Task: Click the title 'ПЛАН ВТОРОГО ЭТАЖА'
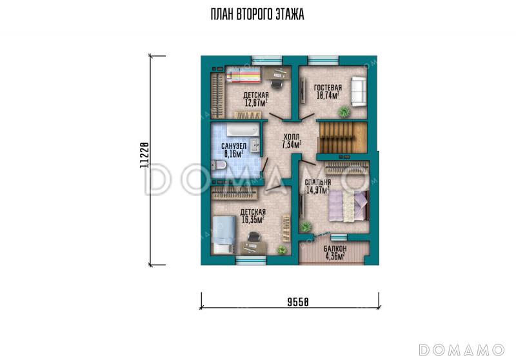click(x=257, y=15)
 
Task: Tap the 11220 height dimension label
click(x=144, y=155)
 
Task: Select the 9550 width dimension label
click(x=298, y=301)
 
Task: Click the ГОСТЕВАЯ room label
click(x=328, y=88)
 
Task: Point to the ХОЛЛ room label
click(x=292, y=137)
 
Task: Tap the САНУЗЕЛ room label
click(x=233, y=146)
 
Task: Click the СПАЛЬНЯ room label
click(x=318, y=183)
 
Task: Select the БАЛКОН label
click(x=335, y=249)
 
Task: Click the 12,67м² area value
click(x=255, y=103)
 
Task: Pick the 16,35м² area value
click(x=253, y=219)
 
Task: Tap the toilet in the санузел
click(x=219, y=166)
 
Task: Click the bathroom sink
click(x=255, y=145)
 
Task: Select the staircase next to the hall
click(x=342, y=137)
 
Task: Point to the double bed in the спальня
click(x=349, y=206)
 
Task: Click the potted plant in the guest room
click(x=344, y=112)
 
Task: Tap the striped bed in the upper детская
click(x=244, y=75)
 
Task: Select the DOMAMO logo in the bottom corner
click(x=462, y=350)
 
